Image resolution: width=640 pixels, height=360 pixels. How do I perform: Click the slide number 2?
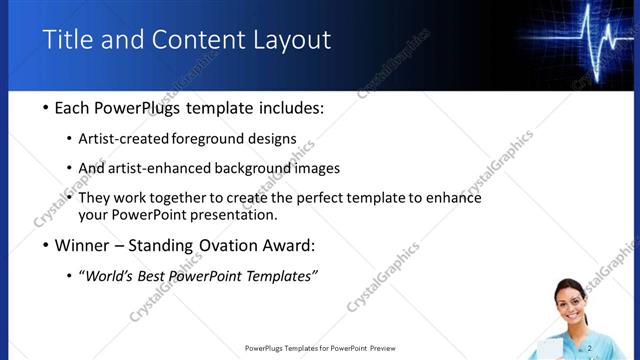coord(590,347)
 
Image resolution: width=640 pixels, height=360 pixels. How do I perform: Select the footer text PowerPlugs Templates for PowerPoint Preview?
coord(320,348)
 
